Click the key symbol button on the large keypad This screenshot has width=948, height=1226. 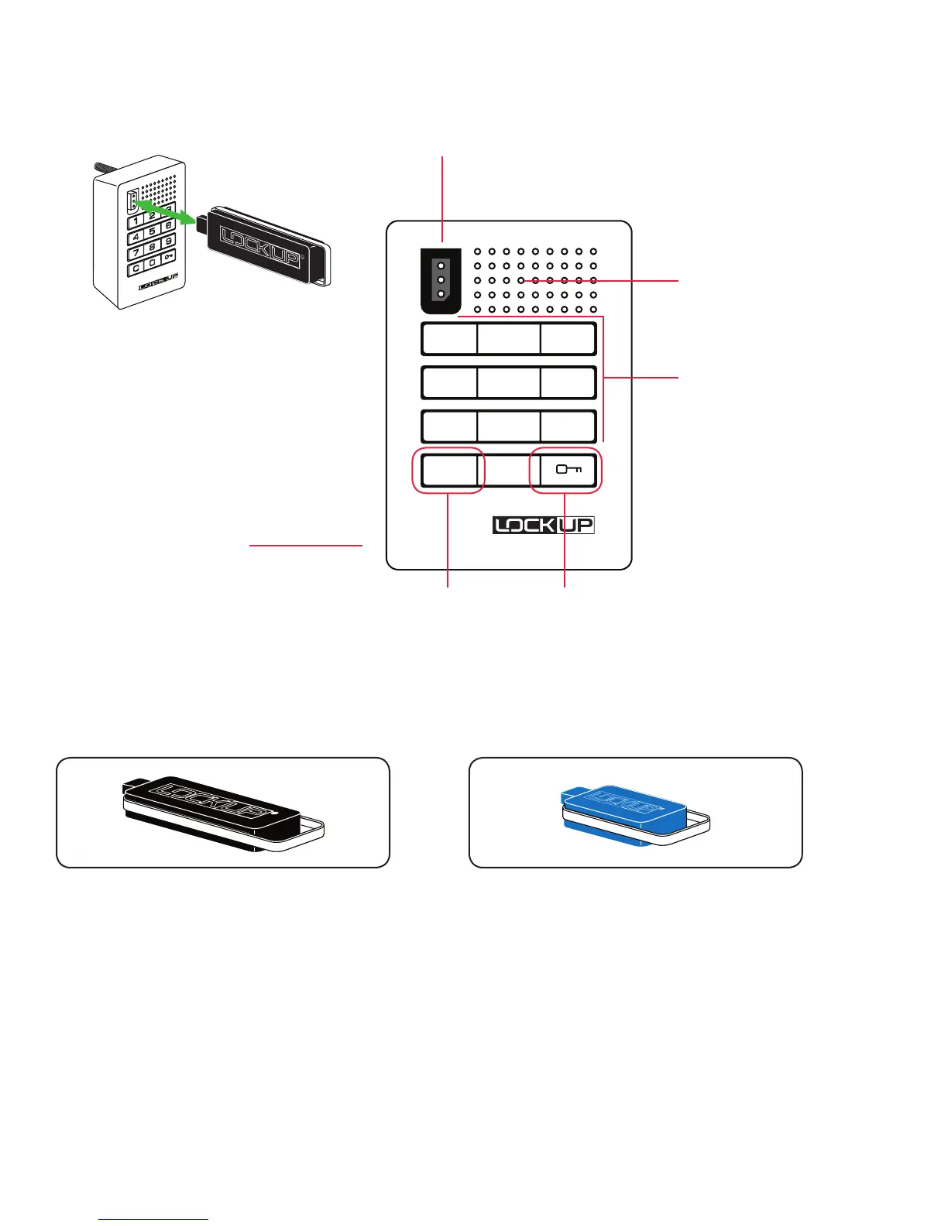coord(568,470)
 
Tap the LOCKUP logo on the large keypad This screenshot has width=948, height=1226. coord(544,526)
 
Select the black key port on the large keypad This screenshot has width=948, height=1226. coord(441,279)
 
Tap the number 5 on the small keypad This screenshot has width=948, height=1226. coord(153,231)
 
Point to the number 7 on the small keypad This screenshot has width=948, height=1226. coord(135,253)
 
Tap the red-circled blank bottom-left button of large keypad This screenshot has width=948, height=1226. coord(449,470)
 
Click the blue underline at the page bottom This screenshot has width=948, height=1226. coord(154,1219)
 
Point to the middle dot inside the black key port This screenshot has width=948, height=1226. coord(441,279)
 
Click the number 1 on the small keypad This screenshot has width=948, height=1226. coord(136,221)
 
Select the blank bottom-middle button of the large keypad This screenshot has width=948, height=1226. coord(508,470)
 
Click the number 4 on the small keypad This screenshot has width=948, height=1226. coord(136,237)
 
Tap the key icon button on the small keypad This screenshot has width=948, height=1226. coord(169,256)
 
